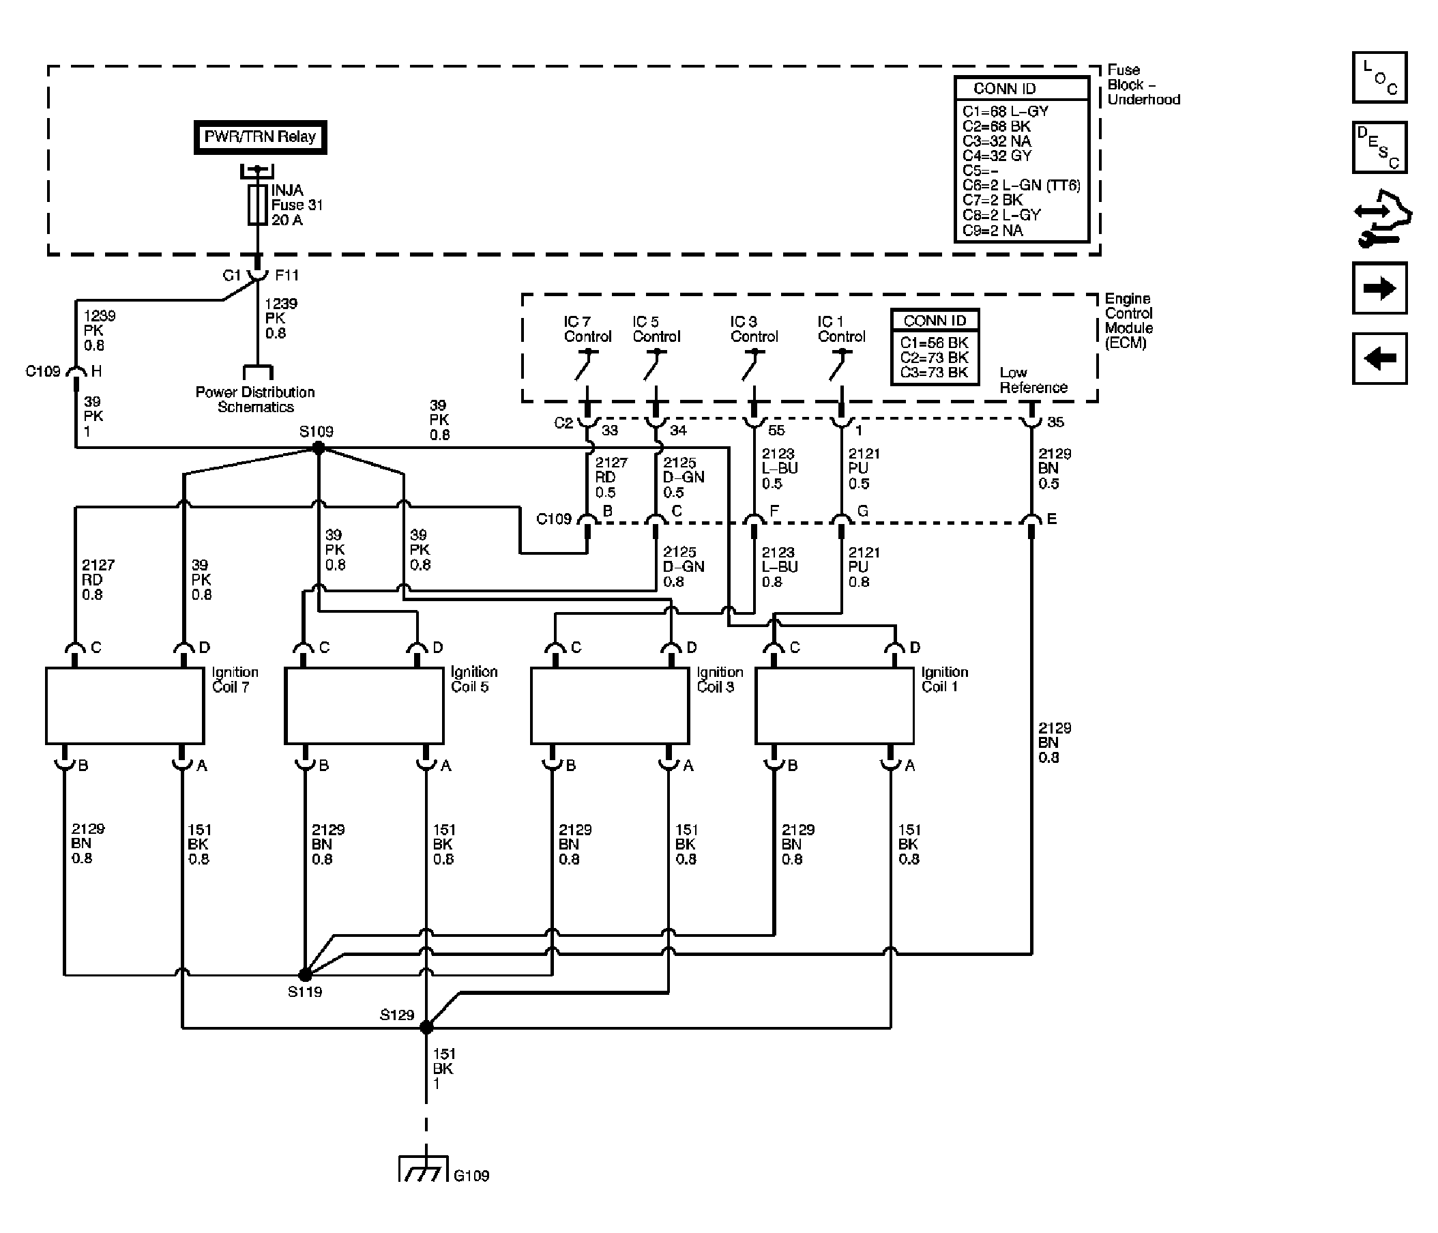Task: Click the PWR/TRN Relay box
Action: click(x=261, y=136)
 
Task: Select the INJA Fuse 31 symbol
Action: click(x=257, y=205)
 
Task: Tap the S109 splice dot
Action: click(x=319, y=448)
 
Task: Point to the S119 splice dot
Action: click(x=305, y=975)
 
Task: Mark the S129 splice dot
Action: click(x=426, y=1027)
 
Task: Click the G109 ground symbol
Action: click(x=424, y=1168)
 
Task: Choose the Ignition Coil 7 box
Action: click(x=125, y=706)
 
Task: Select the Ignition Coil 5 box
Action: click(x=364, y=706)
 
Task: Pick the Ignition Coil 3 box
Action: click(x=610, y=706)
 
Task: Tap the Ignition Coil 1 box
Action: click(x=834, y=706)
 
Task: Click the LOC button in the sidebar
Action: click(x=1380, y=77)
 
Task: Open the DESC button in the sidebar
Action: click(x=1380, y=147)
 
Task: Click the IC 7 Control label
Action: click(x=587, y=329)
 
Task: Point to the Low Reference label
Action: click(x=1033, y=380)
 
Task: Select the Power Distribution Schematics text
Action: click(x=255, y=399)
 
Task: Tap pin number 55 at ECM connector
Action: click(x=776, y=431)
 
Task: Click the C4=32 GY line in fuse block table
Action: click(x=997, y=156)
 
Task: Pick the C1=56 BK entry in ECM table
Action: click(x=934, y=343)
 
